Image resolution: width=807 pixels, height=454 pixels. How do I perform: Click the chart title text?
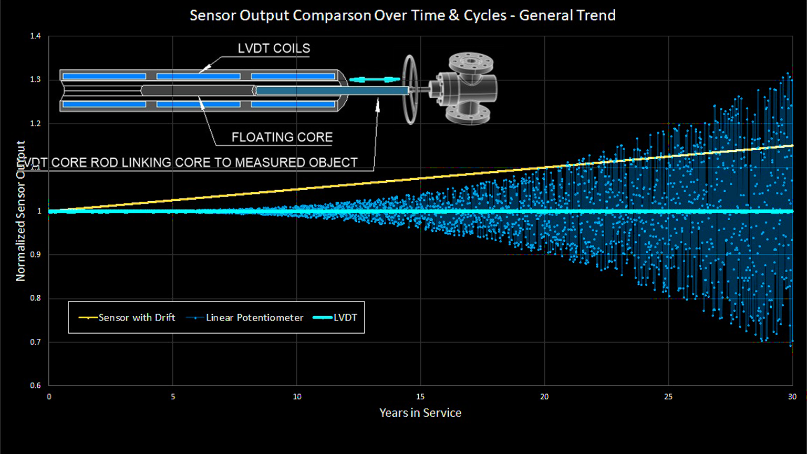[402, 15]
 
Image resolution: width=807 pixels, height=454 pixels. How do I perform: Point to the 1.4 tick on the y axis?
[35, 36]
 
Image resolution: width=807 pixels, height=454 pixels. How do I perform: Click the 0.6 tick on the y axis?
[35, 385]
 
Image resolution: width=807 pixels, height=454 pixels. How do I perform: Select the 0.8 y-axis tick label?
[35, 298]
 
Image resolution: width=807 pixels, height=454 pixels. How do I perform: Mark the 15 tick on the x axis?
[420, 397]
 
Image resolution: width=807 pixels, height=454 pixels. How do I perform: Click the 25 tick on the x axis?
[668, 397]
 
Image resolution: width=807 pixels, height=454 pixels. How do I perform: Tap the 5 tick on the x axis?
[173, 397]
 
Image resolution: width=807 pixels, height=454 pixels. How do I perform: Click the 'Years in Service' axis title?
[420, 413]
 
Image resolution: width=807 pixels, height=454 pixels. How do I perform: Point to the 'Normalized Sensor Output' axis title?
[20, 211]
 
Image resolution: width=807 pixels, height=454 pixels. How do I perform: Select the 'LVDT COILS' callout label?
[274, 48]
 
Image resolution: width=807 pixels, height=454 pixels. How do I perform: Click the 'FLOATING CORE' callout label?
[282, 137]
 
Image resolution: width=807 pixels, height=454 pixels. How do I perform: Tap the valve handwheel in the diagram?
[410, 89]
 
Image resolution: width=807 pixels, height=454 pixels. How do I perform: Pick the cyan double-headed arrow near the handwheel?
[375, 79]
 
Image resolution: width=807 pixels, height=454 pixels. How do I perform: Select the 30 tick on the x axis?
[792, 397]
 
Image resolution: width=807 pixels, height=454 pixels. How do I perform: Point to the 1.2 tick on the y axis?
[35, 123]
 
